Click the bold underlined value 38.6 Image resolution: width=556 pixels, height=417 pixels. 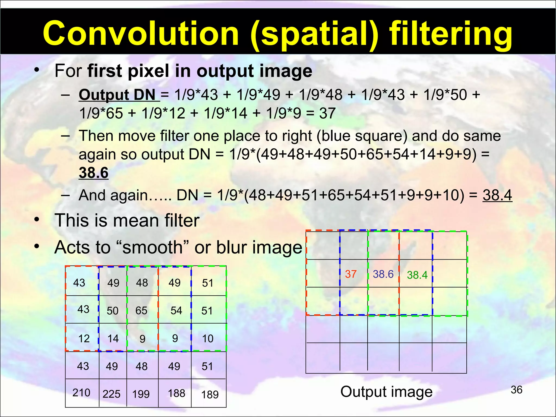click(93, 173)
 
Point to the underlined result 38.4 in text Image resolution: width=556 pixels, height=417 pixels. click(497, 195)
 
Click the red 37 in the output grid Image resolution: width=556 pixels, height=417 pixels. click(350, 274)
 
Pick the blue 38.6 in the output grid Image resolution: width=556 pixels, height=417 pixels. click(383, 274)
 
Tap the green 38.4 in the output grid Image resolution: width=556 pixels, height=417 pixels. click(417, 275)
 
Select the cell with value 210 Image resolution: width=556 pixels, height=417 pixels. click(81, 393)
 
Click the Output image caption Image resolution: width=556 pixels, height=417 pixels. click(386, 392)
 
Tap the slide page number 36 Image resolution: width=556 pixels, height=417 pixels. click(516, 390)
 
